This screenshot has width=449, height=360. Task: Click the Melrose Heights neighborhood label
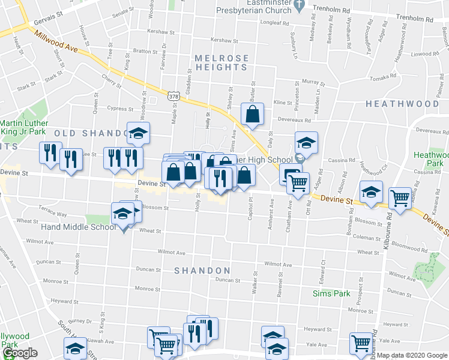pyautogui.click(x=221, y=62)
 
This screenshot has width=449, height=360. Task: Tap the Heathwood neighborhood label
pyautogui.click(x=402, y=104)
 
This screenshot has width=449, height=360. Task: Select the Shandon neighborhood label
pyautogui.click(x=202, y=271)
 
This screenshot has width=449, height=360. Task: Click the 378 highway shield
pyautogui.click(x=173, y=96)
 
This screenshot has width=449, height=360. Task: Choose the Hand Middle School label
pyautogui.click(x=79, y=227)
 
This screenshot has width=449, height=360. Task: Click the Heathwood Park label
pyautogui.click(x=431, y=159)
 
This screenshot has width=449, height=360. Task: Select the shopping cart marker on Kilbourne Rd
pyautogui.click(x=400, y=197)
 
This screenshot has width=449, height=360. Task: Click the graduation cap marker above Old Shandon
pyautogui.click(x=138, y=134)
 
